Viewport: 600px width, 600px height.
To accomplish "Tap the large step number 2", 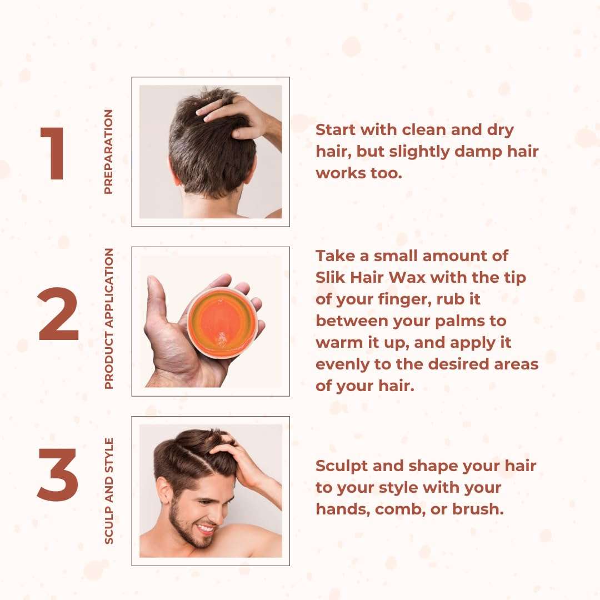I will pos(58,317).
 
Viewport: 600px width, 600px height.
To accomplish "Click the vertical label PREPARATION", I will pos(108,152).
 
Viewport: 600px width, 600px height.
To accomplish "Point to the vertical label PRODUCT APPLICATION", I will pos(108,318).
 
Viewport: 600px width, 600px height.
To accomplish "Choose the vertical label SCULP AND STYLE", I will pos(109,491).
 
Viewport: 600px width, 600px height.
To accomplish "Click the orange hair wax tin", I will pos(222,323).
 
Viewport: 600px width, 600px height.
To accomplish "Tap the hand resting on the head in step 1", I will pos(236,114).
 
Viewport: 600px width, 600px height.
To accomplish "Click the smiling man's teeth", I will pos(205,528).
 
